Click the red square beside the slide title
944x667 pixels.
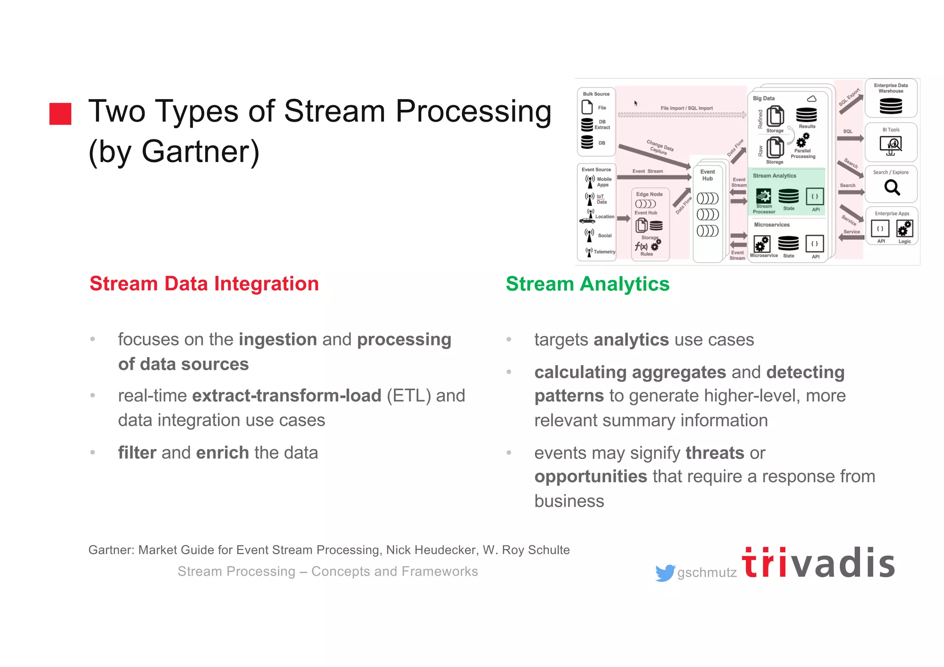click(60, 114)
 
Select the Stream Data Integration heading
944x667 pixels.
click(204, 283)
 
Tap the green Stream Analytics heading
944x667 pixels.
click(587, 283)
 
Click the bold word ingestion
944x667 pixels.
click(277, 340)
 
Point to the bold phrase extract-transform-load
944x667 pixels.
click(286, 396)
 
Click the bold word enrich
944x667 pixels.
click(222, 453)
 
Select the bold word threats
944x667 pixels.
click(714, 453)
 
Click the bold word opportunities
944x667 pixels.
click(590, 477)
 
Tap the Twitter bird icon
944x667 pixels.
click(665, 573)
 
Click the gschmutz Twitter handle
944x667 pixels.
click(707, 573)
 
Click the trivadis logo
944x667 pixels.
click(818, 563)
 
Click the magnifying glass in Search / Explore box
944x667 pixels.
click(891, 188)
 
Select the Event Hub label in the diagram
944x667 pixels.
click(707, 175)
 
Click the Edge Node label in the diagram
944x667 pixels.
click(649, 194)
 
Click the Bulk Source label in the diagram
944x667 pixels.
click(596, 94)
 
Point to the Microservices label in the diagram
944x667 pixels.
click(772, 225)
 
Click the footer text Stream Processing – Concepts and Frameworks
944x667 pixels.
click(328, 572)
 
